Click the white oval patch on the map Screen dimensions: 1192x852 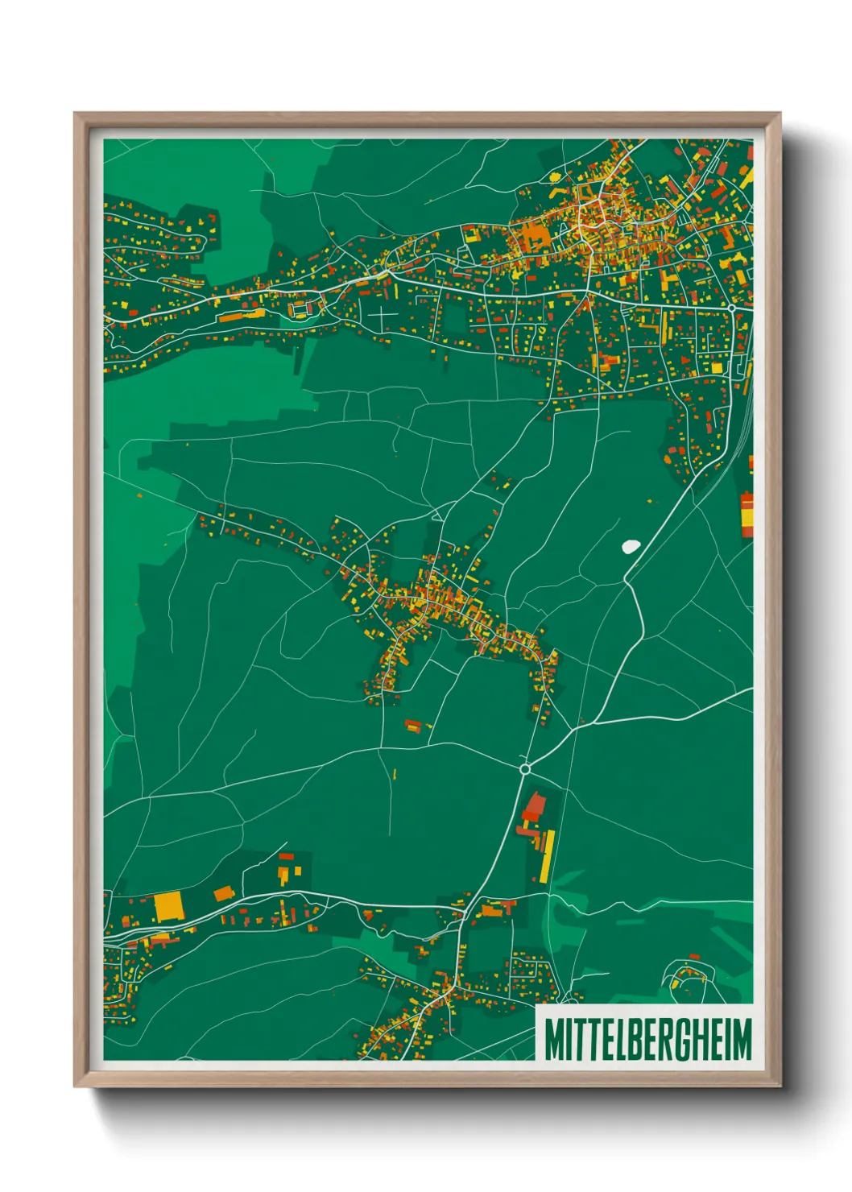point(630,546)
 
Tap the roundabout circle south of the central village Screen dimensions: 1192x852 point(525,770)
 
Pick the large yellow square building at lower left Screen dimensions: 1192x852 point(168,906)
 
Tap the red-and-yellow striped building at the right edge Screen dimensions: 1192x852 point(747,514)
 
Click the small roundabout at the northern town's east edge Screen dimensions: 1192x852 point(731,308)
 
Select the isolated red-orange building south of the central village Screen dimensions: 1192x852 point(413,726)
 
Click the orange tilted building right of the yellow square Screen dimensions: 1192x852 point(224,892)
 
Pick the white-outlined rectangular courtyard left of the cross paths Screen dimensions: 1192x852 point(300,308)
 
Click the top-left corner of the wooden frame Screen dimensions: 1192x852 point(75,114)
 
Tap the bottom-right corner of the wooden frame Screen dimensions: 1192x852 point(780,1086)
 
